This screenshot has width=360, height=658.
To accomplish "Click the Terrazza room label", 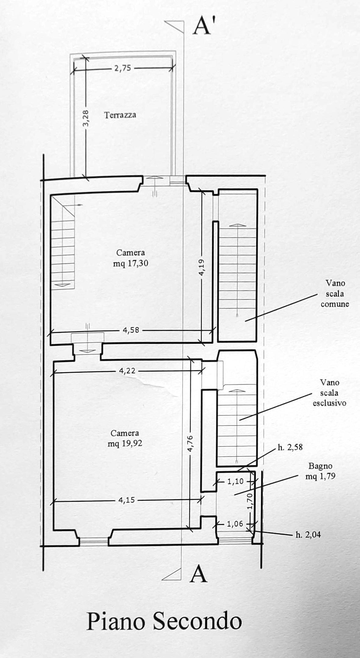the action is click(120, 115).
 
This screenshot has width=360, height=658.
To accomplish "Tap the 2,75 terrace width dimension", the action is click(123, 68).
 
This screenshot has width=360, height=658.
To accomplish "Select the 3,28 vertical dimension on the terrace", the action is click(86, 118).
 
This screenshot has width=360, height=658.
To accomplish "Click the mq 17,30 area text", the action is click(130, 263).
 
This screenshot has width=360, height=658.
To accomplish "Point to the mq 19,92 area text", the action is click(125, 443).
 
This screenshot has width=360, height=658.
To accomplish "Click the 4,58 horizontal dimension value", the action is click(130, 330).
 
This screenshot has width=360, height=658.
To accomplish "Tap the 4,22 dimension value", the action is click(127, 371).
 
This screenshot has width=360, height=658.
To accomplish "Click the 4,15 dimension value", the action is click(127, 500).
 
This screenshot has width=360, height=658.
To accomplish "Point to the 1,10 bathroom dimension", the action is click(235, 482).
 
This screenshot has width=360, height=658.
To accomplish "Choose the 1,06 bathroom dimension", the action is click(235, 524).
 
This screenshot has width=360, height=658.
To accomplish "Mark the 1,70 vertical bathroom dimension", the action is click(250, 501).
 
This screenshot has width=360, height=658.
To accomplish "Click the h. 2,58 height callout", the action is click(290, 448).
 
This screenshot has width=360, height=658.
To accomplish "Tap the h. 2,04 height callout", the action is click(308, 535).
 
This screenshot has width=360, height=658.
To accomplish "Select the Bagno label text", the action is click(320, 466).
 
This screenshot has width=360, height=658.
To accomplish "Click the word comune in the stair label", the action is click(335, 304).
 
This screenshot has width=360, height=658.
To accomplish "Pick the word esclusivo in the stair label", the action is click(329, 403).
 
